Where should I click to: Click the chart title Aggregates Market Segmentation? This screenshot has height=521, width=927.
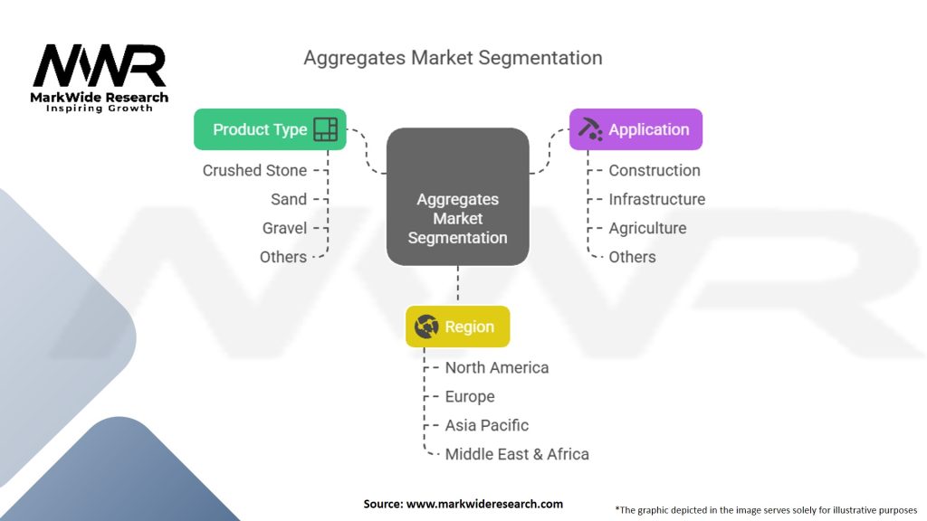[x=453, y=58]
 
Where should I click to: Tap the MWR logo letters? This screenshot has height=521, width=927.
[x=100, y=67]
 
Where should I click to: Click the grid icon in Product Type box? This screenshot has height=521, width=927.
[x=325, y=129]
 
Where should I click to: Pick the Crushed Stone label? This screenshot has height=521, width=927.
[x=254, y=170]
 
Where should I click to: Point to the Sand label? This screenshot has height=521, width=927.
[x=289, y=199]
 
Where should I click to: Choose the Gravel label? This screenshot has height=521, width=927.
[x=284, y=228]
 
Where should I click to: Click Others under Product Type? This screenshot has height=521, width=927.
[x=282, y=257]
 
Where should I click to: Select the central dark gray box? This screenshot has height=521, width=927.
[x=457, y=196]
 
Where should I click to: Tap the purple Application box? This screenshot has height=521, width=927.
[x=636, y=129]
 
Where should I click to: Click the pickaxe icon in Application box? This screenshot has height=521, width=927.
[x=590, y=129]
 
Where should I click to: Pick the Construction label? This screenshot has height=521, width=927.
[x=654, y=170]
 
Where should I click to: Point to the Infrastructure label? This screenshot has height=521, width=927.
[x=656, y=199]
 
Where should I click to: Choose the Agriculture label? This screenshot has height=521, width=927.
[x=647, y=228]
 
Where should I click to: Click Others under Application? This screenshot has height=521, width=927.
[x=632, y=257]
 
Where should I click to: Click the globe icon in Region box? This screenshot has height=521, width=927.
[x=426, y=327]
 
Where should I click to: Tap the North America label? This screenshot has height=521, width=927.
[x=496, y=367]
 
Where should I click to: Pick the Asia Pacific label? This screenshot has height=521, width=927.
[x=486, y=425]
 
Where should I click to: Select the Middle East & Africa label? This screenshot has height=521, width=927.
[x=516, y=454]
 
